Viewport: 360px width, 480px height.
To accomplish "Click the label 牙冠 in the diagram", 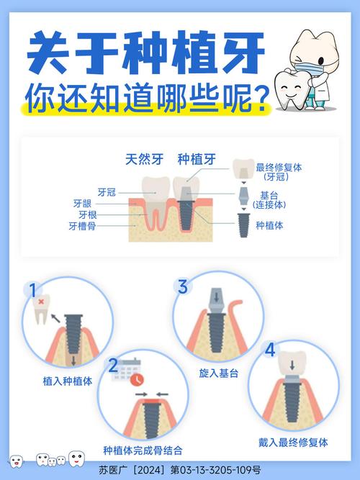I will tap(106, 192).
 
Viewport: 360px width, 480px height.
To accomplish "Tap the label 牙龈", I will tap(82, 204).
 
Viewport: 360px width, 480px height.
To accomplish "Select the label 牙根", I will tap(87, 214).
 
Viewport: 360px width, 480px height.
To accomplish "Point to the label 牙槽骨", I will tap(82, 225).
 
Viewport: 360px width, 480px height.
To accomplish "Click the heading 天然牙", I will tap(142, 160).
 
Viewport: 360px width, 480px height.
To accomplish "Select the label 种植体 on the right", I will tap(270, 225).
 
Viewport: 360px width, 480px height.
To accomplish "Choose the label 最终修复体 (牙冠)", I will tap(278, 171).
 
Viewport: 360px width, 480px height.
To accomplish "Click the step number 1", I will tap(32, 290).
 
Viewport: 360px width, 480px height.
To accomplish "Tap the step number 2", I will tap(112, 365).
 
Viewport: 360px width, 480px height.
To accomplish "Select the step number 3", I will tap(183, 286).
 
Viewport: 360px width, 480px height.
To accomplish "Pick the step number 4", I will tap(269, 350).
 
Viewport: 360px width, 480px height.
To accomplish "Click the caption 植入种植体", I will tap(67, 382).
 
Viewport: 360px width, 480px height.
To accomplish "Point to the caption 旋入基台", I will tap(219, 373).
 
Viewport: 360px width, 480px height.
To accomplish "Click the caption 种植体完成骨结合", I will tap(143, 450).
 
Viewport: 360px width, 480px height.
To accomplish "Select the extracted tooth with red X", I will tap(45, 307).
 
